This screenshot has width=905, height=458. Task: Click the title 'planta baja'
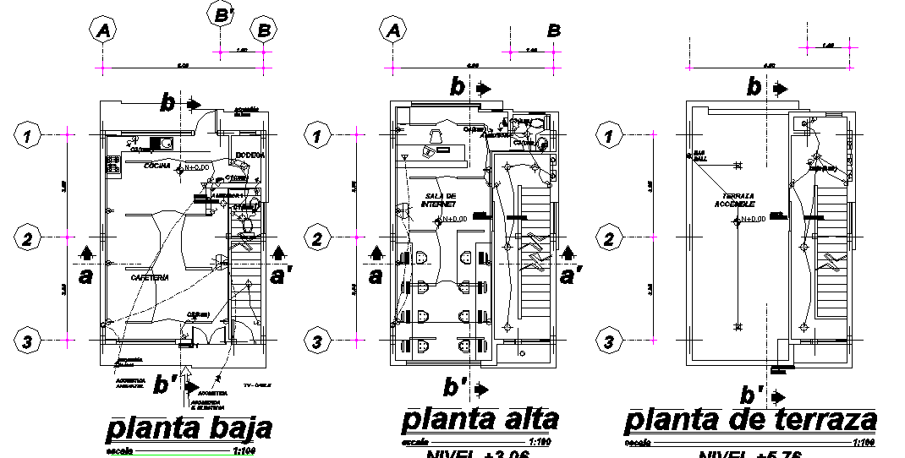pos(189,428)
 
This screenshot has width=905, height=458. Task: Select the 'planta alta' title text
pos(480,419)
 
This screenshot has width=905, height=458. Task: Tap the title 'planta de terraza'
pos(750,420)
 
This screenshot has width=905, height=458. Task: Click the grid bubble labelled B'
pos(222,14)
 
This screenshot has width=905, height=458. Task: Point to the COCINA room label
pos(157,166)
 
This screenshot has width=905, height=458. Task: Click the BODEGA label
pos(250,155)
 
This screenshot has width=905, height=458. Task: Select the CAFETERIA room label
pos(150,277)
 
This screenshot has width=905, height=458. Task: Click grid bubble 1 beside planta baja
pos(28,134)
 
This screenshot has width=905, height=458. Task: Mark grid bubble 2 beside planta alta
pos(317,239)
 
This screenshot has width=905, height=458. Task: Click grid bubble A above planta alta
pos(393,30)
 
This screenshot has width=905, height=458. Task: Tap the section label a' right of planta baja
pos(279,275)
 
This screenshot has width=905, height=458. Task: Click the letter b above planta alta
pos(458,86)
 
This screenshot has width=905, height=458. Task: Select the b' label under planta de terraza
pos(749,395)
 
